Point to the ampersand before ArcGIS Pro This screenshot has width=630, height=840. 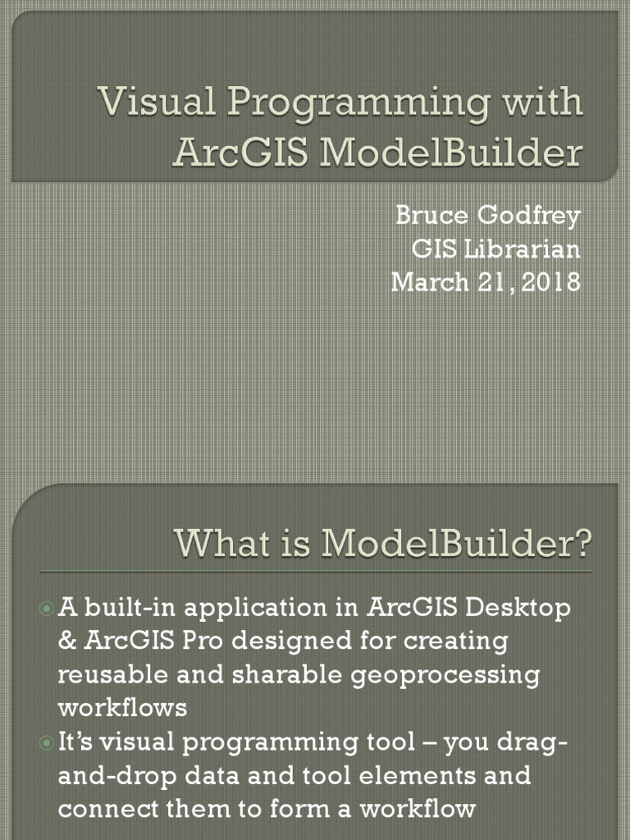pyautogui.click(x=66, y=641)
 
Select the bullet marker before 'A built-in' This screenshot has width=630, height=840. pyautogui.click(x=47, y=609)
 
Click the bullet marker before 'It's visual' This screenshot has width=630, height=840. pyautogui.click(x=47, y=742)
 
